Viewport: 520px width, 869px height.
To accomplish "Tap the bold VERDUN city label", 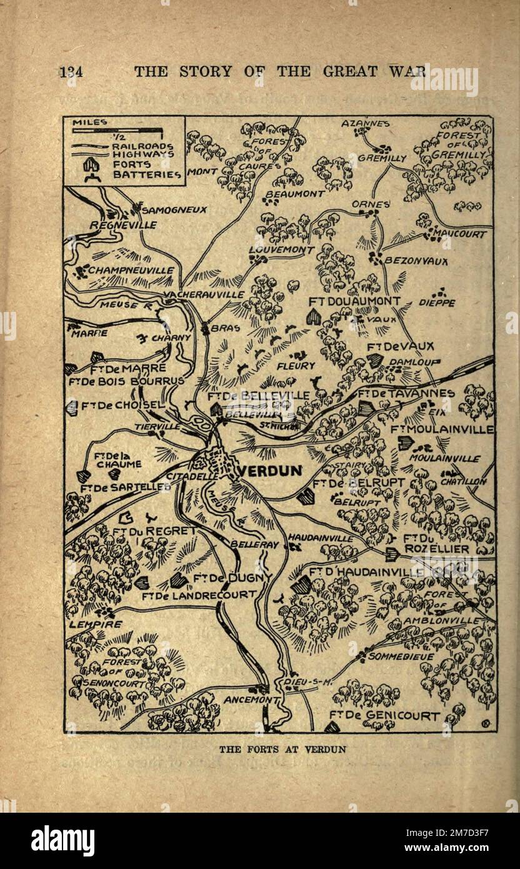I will click(271, 471).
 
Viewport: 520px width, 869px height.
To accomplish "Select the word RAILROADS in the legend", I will click(143, 146).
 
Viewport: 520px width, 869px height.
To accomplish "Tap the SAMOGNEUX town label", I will click(174, 211).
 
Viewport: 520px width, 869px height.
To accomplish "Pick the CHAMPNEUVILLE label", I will click(131, 270).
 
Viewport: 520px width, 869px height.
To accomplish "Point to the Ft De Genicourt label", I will click(384, 716).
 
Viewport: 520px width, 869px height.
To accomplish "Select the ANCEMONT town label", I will click(249, 700).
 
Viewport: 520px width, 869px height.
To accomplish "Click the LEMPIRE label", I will click(96, 623).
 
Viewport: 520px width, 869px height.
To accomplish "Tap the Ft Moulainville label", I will click(442, 429).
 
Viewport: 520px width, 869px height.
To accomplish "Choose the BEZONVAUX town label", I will click(416, 261).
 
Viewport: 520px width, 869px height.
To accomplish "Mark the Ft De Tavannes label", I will click(406, 393).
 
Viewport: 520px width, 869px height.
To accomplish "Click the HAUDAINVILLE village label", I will click(320, 538).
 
